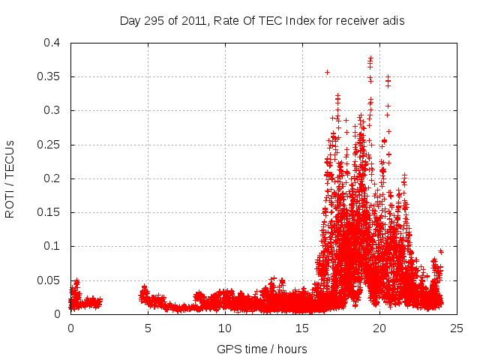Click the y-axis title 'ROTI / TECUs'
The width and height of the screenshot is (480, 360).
(10, 178)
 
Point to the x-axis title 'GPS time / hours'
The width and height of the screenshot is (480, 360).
(262, 349)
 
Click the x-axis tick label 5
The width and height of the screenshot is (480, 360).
(148, 328)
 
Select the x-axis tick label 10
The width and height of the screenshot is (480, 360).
(225, 328)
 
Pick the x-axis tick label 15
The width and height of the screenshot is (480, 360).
(302, 328)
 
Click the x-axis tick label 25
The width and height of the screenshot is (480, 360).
(457, 328)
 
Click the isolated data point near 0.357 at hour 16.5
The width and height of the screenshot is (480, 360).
(327, 72)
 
